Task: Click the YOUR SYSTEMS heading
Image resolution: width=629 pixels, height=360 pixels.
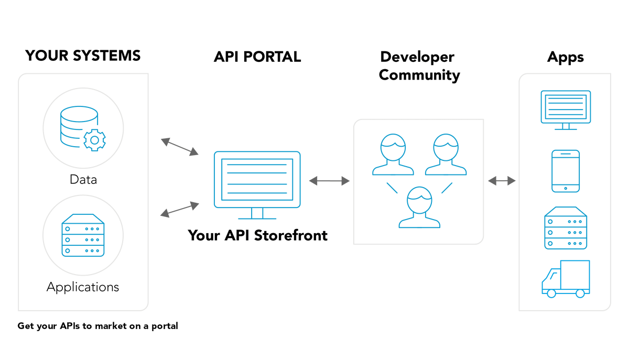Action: [83, 56]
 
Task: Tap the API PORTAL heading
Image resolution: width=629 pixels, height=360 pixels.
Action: [257, 57]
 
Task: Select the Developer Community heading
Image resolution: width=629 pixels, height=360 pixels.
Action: [419, 66]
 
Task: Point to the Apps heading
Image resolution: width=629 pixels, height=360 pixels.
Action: [565, 57]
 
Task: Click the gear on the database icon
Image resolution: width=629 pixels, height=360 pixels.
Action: [95, 140]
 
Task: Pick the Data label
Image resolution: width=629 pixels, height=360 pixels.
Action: [83, 180]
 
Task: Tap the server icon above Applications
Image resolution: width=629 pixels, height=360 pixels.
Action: [83, 235]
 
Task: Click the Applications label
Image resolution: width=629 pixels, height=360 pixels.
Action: [83, 287]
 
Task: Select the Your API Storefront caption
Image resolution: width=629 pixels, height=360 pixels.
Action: [257, 235]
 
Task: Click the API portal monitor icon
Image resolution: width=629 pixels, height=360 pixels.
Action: [257, 181]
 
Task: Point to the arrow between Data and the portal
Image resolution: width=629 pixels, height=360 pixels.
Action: [179, 147]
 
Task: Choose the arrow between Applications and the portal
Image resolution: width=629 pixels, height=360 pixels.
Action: [179, 210]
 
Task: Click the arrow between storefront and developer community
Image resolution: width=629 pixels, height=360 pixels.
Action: [329, 181]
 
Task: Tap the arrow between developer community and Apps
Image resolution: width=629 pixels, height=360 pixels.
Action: [502, 181]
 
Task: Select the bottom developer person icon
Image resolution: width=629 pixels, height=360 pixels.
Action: [419, 207]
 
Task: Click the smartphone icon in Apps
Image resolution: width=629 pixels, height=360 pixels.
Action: [566, 171]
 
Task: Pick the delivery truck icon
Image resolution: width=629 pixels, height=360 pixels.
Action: [566, 279]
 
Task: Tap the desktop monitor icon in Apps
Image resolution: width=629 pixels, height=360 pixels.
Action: [566, 110]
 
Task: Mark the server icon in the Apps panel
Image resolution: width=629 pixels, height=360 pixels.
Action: [566, 228]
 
